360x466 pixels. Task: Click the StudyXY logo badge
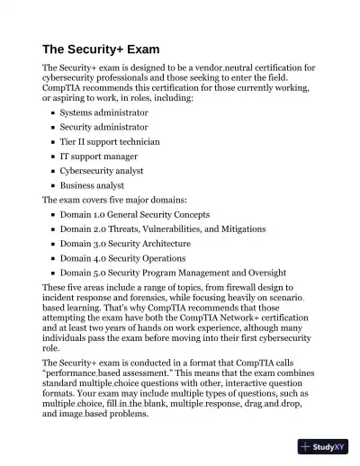(322, 445)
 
